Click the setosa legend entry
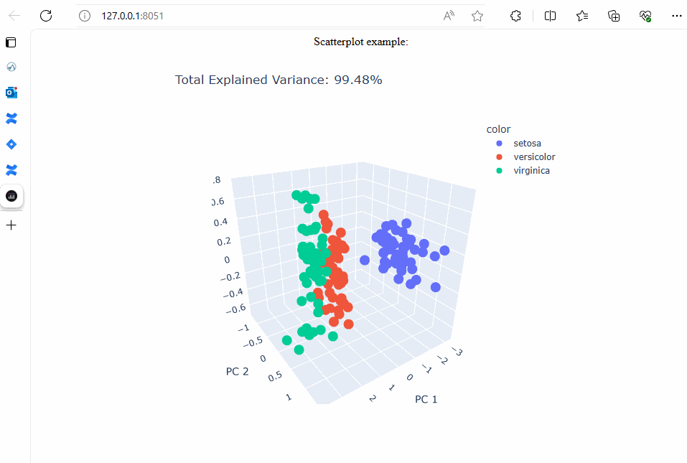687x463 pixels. pos(527,144)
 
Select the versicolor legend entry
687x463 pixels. pos(534,157)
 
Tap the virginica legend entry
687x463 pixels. pos(531,171)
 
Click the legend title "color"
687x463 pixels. pos(498,130)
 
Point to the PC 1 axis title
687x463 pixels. pos(426,399)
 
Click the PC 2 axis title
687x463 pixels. pos(238,371)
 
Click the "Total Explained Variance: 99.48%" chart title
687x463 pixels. pos(279,80)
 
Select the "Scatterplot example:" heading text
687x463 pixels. pos(360,42)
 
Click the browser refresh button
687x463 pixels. pos(46,16)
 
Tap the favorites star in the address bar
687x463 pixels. pos(477,16)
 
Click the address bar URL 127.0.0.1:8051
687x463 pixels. pos(132,16)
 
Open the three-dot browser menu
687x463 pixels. pos(676,16)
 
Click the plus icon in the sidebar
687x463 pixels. pos(11,225)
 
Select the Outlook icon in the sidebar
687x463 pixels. pos(11,93)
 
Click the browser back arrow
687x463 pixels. pos(14,16)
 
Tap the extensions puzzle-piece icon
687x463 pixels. pos(515,16)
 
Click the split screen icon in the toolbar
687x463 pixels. pos(551,16)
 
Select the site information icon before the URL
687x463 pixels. pos(85,16)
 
